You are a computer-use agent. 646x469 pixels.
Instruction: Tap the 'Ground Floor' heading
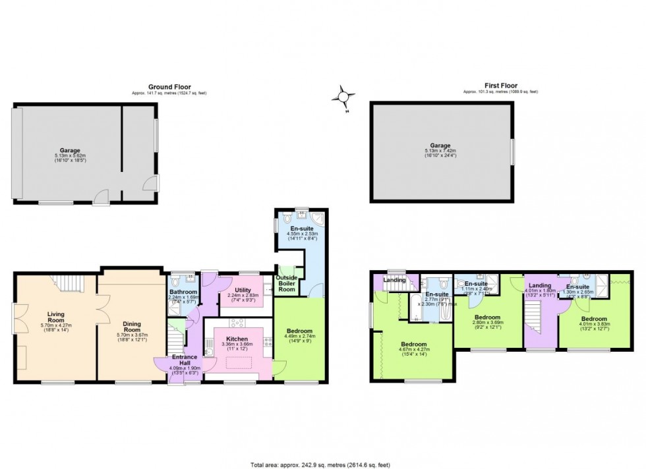click(x=169, y=86)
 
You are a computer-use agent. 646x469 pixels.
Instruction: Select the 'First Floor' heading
click(x=500, y=86)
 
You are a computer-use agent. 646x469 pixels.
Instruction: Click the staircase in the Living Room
click(x=65, y=284)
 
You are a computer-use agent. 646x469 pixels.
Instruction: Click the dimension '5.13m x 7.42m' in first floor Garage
click(x=440, y=152)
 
